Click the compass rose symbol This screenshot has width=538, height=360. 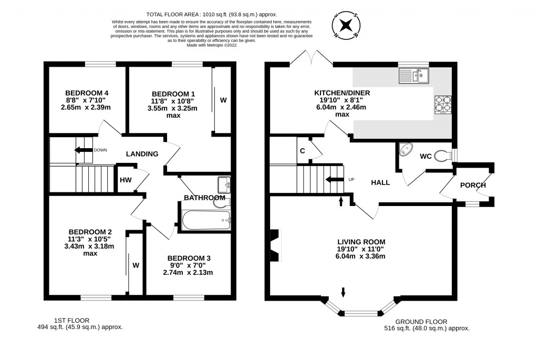pos(346,25)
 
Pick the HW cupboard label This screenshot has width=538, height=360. pos(125,180)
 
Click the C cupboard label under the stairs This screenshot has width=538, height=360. pos(302,151)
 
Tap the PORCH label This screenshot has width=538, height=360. pos(472,185)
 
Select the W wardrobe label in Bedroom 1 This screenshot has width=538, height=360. pos(223,99)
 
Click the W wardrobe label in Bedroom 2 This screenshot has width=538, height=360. pos(136,265)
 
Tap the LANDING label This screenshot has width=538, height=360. pos(142,154)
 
